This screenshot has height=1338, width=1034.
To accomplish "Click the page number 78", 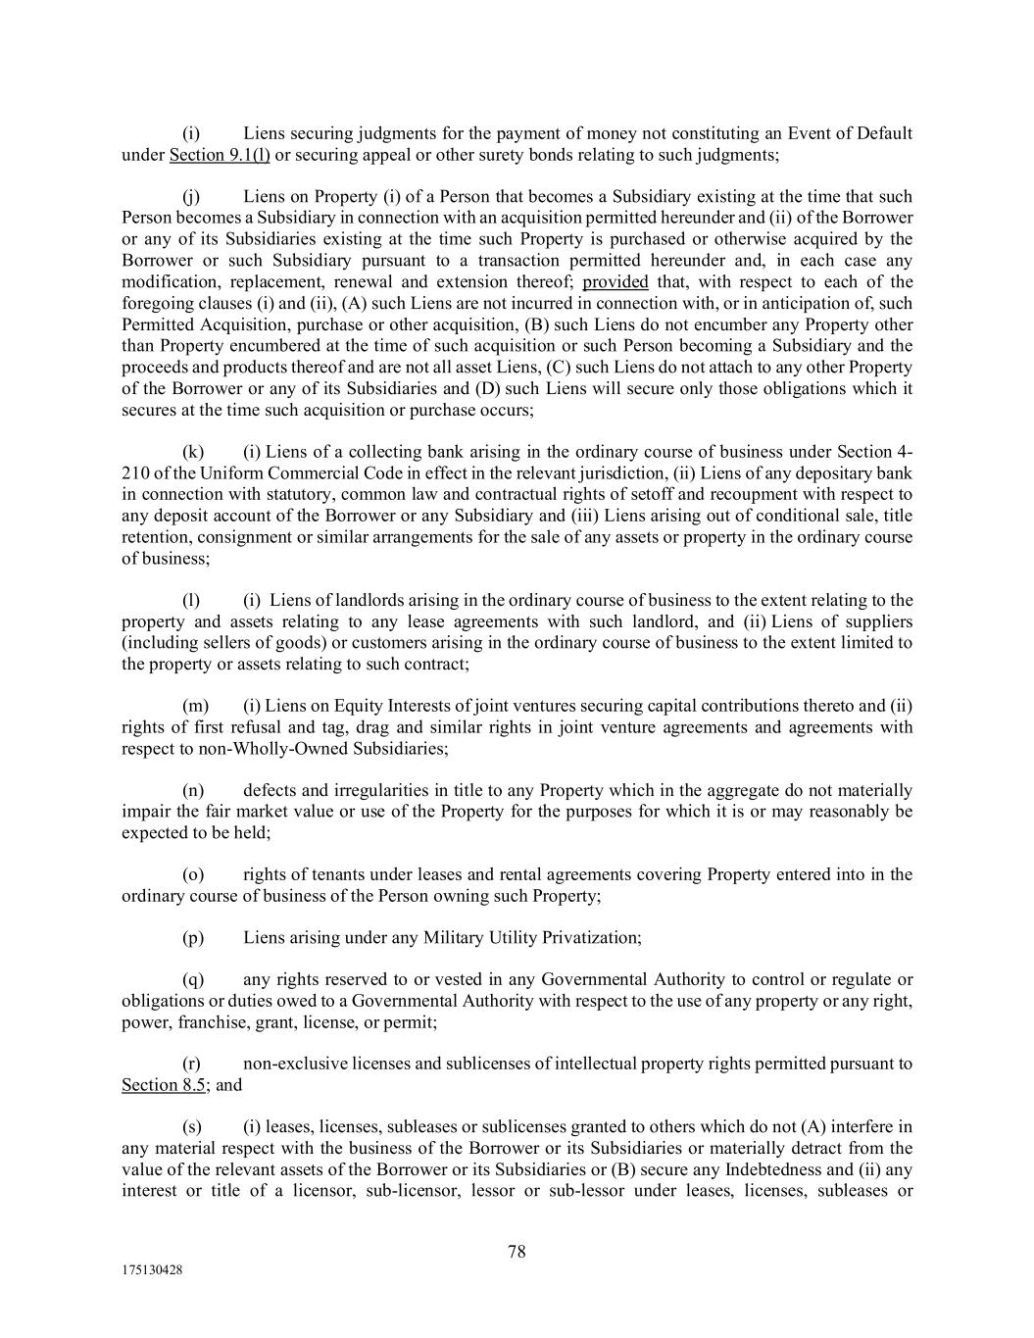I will pos(517,1252).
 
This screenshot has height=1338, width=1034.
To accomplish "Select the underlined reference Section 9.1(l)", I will pos(220,155).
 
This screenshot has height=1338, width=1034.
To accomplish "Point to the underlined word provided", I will pos(615,282).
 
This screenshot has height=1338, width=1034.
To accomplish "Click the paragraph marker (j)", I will pos(192,197).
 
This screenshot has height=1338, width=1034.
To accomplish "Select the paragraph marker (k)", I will pos(193,452).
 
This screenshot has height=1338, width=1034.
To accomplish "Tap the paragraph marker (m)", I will pos(195,706).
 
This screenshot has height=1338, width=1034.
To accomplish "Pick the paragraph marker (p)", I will pos(193,938).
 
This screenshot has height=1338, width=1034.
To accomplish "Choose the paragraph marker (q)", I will pos(193,979).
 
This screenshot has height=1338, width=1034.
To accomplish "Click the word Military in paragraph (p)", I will pos(454,938).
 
